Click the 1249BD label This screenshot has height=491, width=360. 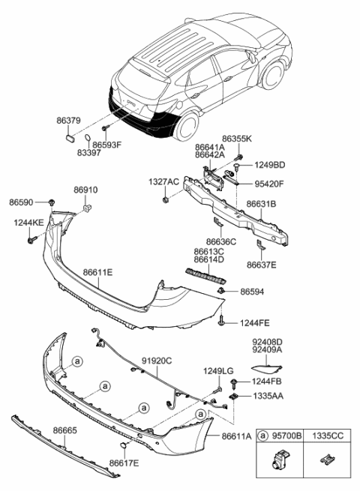[x=268, y=164]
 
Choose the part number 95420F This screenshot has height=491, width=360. [x=269, y=181]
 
